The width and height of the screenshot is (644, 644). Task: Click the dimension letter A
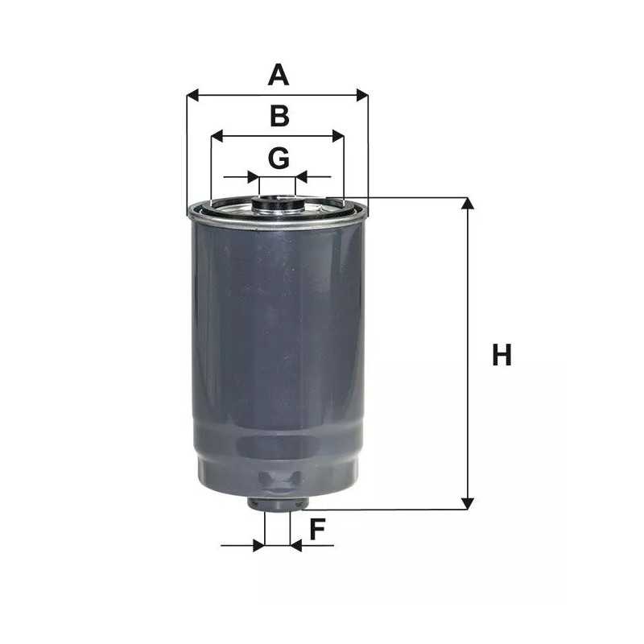[278, 76]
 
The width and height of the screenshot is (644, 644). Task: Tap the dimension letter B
[279, 117]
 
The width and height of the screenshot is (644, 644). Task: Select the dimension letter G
[279, 159]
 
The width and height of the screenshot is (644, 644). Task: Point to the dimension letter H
[502, 355]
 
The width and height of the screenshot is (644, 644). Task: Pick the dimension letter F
[317, 530]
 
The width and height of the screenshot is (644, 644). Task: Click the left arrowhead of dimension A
[192, 95]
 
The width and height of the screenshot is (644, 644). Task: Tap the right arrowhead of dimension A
[362, 95]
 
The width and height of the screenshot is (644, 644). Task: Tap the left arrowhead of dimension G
[254, 176]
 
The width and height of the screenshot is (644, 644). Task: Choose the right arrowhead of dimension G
[301, 176]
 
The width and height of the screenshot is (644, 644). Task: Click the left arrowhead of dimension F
[258, 546]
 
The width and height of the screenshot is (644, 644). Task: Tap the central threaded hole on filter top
[278, 200]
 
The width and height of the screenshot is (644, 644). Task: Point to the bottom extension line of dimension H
[386, 510]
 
